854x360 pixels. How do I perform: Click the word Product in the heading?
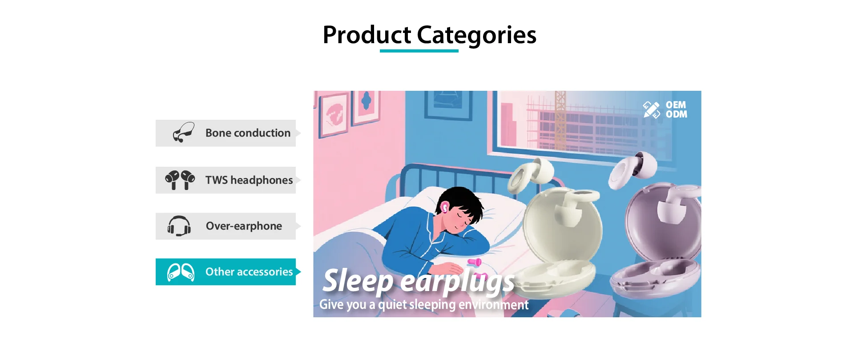(367, 35)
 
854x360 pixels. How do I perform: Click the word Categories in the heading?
(476, 36)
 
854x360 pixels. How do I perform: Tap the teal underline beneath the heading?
(419, 51)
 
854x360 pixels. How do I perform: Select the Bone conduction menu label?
(248, 133)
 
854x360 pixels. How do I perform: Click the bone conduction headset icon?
(184, 132)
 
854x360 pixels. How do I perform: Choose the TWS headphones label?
(249, 180)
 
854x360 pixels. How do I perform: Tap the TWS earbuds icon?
(180, 180)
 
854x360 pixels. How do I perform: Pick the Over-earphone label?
(244, 226)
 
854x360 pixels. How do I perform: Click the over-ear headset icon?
(179, 226)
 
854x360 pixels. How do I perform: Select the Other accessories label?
(249, 272)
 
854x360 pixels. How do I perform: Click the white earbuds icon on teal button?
(181, 272)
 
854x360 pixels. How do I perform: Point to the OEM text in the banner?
(676, 105)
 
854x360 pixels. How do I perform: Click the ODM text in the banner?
(676, 114)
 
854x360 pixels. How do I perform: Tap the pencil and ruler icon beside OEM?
(652, 110)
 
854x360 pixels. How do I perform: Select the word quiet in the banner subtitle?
(392, 305)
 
